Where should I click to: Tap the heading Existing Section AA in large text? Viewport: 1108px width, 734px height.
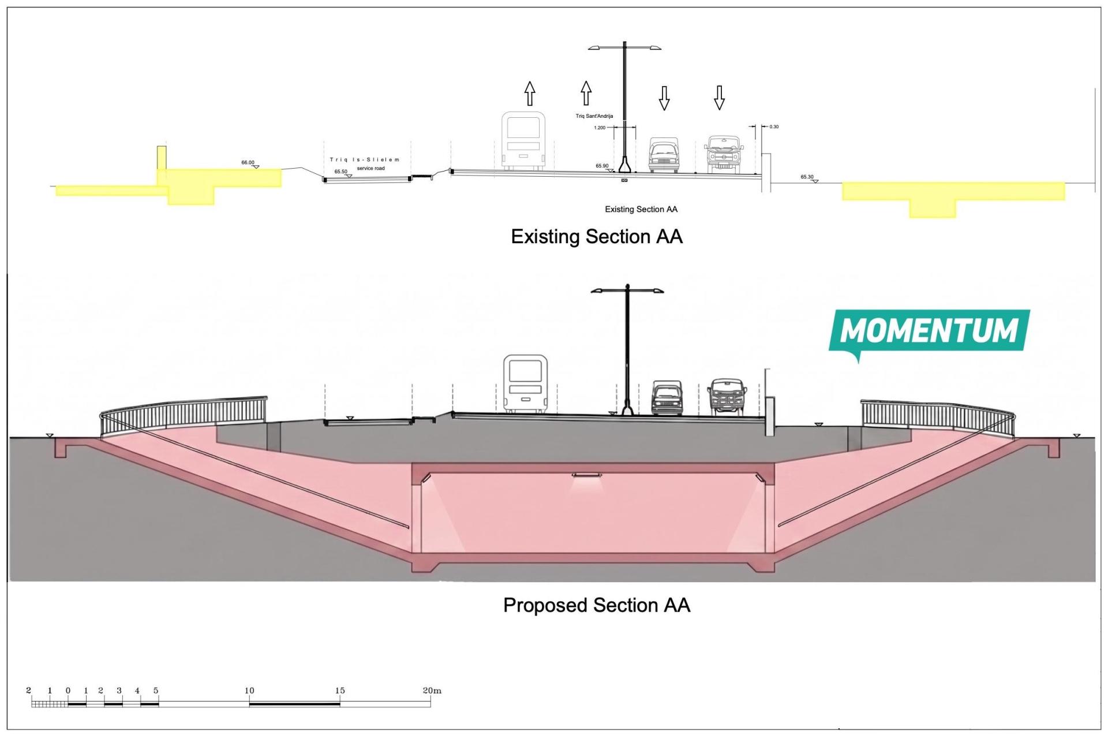point(597,237)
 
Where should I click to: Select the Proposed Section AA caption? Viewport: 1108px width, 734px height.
point(597,605)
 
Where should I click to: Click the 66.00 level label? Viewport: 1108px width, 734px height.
point(248,162)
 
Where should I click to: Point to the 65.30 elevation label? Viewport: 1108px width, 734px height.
point(807,177)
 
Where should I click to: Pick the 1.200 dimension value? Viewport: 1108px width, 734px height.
point(600,128)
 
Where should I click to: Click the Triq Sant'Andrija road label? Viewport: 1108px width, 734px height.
point(594,116)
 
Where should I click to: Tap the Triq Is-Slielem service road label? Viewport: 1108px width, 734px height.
point(365,164)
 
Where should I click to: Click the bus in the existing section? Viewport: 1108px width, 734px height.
point(523,141)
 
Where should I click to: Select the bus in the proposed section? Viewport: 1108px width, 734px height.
point(525,384)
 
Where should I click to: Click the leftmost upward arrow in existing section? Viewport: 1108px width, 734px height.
point(530,94)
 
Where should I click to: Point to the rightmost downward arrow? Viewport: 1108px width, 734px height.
point(719,98)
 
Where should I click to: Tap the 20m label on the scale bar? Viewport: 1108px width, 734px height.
point(432,691)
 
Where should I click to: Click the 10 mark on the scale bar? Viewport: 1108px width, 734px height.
point(249,691)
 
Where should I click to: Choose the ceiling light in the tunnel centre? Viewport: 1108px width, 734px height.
point(586,475)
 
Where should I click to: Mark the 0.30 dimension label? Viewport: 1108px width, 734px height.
point(774,126)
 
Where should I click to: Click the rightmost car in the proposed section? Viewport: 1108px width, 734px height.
point(727,397)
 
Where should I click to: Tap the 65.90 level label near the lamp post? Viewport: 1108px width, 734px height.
point(602,166)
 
